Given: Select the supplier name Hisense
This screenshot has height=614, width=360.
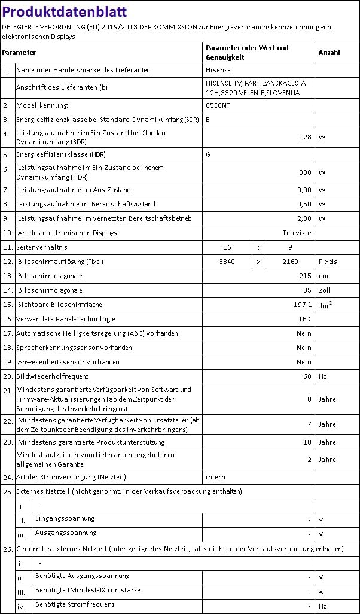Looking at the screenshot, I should pos(218,70).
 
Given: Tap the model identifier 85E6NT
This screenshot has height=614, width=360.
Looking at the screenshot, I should pos(217,105).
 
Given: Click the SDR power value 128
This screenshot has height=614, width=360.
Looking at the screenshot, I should pos(305,137).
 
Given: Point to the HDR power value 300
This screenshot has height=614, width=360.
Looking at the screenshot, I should pos(305,172).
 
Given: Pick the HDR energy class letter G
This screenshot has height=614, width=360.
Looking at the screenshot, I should pos(208,154).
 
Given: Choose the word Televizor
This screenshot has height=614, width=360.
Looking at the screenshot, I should pos(297,233).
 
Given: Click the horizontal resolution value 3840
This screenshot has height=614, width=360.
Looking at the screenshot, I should pos(227,262).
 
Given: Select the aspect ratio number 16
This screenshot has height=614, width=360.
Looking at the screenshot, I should pos(227,247).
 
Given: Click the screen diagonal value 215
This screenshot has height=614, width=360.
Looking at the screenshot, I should pos(305,276).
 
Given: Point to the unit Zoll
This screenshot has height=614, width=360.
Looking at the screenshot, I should pos(325,290).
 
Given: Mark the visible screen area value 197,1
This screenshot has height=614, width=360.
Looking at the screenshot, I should pos(301,305).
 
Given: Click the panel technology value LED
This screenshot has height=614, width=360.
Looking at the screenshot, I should pos(305,319).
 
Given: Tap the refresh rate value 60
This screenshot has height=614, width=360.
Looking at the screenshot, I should pos(307,376).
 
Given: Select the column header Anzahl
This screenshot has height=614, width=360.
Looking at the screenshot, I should pos(329,53).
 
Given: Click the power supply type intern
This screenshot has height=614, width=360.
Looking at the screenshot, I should pos(215,477).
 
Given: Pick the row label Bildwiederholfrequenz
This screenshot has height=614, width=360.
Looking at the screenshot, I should pos(53,376).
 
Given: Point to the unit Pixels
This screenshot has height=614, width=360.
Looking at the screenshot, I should pos(328,262).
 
